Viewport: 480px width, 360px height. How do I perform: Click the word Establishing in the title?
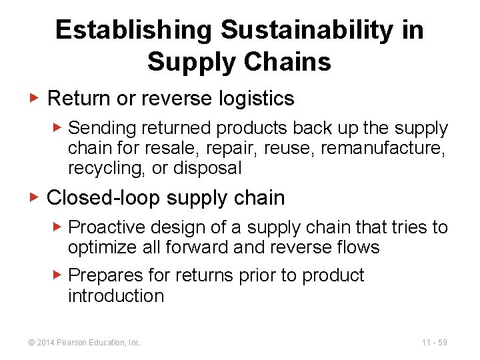point(133,31)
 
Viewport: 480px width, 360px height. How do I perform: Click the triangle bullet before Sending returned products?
point(58,127)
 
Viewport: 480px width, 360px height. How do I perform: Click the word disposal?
point(207,168)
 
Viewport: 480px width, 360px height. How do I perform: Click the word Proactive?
point(109,227)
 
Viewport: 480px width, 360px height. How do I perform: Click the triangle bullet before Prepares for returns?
point(58,275)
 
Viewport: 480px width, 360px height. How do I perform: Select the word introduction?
point(116,295)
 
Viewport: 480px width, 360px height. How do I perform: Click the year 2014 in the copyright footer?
point(45,343)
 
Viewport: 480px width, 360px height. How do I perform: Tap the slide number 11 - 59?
point(434,343)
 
